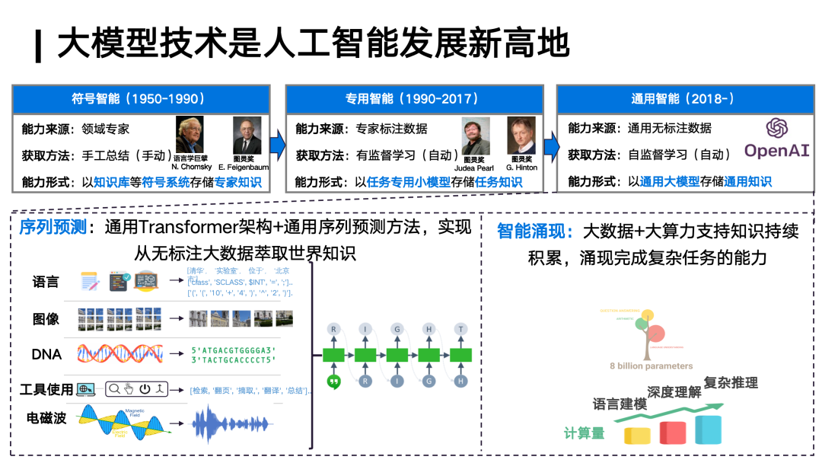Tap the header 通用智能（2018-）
click(x=683, y=99)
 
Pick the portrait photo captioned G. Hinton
click(x=521, y=136)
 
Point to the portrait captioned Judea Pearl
click(x=476, y=136)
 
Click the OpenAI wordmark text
click(x=776, y=151)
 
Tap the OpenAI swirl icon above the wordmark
click(x=777, y=127)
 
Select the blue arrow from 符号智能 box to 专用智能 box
click(x=277, y=142)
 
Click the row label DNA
click(x=46, y=353)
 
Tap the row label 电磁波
click(x=46, y=417)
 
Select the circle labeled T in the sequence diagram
click(x=460, y=329)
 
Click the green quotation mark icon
click(x=333, y=382)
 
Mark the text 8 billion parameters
click(x=651, y=366)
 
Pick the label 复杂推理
click(x=731, y=382)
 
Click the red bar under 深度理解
click(x=674, y=433)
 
